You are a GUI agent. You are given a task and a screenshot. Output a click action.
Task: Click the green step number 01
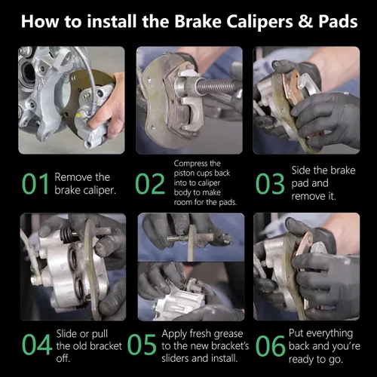click(x=35, y=184)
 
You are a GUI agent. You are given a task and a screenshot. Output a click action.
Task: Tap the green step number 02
click(x=150, y=184)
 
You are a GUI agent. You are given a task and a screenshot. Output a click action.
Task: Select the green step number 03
click(x=270, y=184)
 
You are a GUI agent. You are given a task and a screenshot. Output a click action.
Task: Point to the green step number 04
click(x=37, y=345)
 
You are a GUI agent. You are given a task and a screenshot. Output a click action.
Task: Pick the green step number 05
click(x=142, y=345)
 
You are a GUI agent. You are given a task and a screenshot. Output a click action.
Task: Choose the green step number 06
click(x=270, y=345)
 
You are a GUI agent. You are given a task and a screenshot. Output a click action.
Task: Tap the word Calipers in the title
click(x=259, y=22)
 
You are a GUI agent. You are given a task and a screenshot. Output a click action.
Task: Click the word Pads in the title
click(x=338, y=21)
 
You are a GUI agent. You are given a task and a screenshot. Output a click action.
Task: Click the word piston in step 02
click(x=183, y=173)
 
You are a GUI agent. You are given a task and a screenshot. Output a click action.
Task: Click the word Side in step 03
click(x=300, y=170)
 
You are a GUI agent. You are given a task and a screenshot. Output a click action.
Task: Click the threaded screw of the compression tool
click(x=215, y=85)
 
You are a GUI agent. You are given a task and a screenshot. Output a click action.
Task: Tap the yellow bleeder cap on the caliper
click(x=79, y=115)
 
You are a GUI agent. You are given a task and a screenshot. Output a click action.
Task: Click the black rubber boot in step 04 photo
click(x=66, y=234)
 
